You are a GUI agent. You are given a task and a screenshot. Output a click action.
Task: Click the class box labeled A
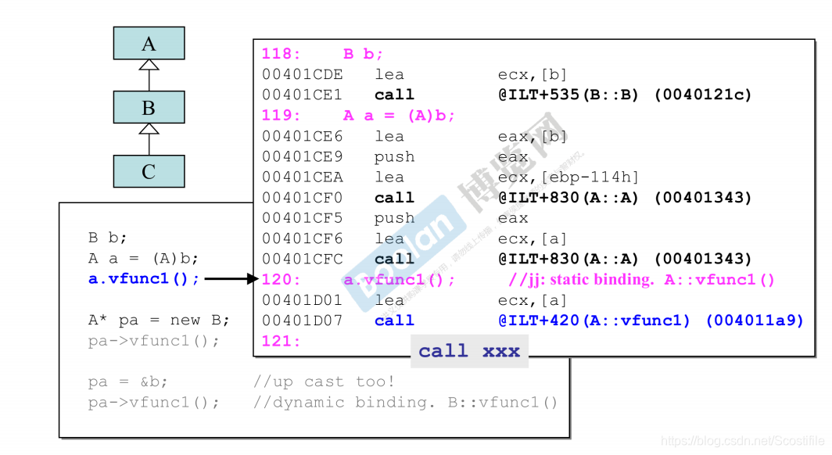[149, 43]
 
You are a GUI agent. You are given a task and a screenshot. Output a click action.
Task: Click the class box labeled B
[149, 107]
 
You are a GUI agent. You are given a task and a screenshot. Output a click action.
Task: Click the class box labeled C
[149, 170]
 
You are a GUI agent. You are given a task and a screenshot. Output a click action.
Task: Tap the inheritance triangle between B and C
[149, 129]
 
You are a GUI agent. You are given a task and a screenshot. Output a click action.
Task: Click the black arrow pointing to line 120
[231, 278]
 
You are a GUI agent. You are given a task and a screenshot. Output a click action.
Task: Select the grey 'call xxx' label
[469, 351]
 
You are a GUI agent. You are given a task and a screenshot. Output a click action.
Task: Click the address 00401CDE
[302, 74]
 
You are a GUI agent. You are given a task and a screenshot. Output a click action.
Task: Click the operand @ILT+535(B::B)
[568, 95]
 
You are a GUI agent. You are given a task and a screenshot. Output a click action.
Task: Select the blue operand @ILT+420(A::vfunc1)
[595, 321]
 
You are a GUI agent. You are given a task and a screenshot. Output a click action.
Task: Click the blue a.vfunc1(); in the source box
[144, 278]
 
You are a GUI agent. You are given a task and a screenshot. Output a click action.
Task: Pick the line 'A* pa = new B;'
[159, 320]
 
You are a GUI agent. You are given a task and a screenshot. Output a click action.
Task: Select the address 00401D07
[302, 321]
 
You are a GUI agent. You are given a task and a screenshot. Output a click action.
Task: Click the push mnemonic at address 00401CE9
[394, 156]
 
